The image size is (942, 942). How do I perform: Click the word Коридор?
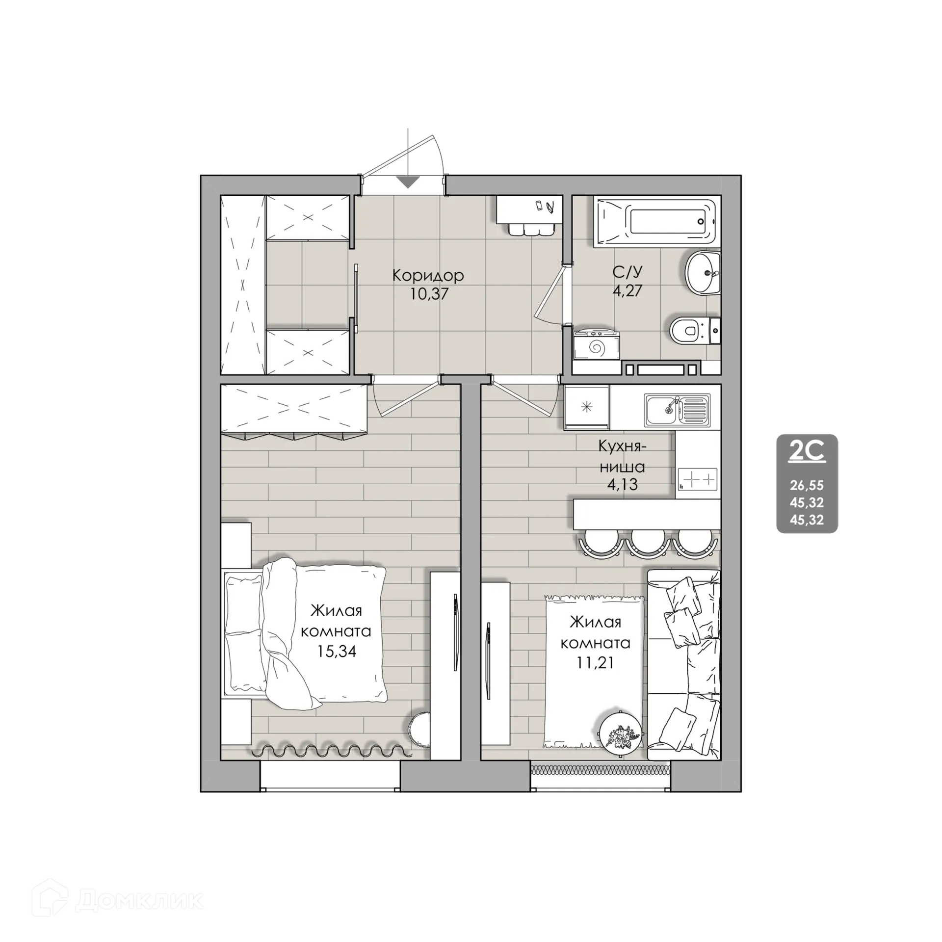pyautogui.click(x=428, y=276)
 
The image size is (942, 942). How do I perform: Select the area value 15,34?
pyautogui.click(x=336, y=651)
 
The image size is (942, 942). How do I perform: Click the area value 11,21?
pyautogui.click(x=595, y=663)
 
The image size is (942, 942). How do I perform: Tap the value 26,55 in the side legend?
pyautogui.click(x=807, y=486)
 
